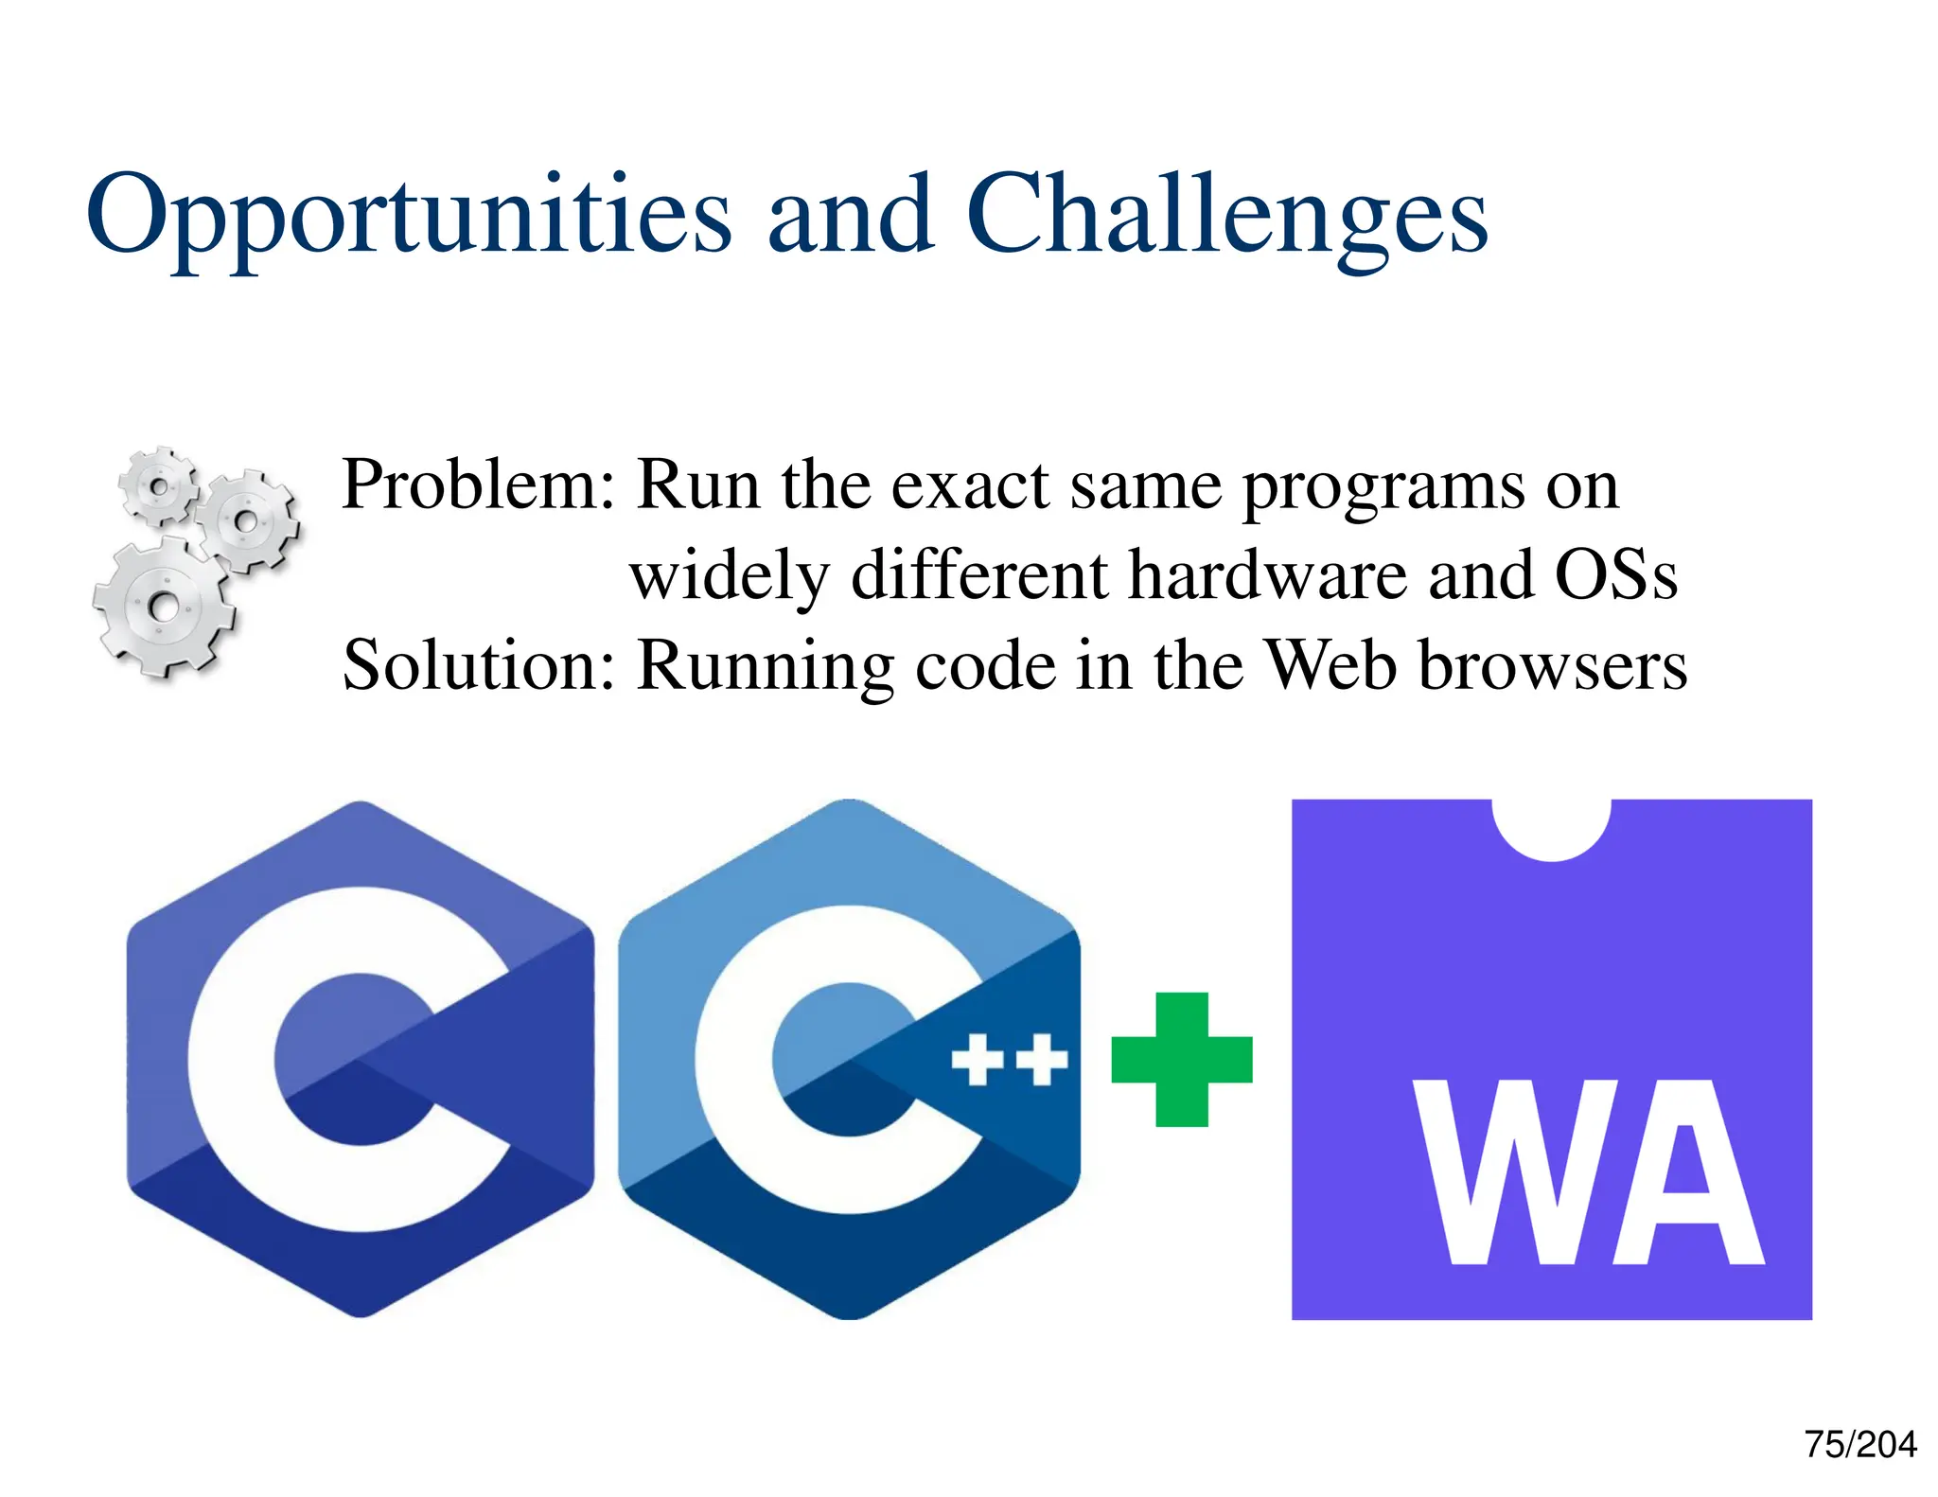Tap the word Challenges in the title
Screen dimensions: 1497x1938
(1226, 216)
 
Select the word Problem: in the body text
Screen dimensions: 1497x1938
(478, 484)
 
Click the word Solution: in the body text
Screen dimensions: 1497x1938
(479, 665)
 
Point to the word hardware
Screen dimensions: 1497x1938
(1268, 575)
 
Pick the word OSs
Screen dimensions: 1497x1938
(1616, 575)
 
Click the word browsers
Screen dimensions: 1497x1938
(1553, 665)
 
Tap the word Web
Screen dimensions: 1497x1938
(1330, 665)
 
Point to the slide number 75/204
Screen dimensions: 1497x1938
(1859, 1444)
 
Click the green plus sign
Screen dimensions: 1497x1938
(1182, 1060)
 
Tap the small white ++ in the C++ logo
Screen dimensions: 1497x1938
(1009, 1060)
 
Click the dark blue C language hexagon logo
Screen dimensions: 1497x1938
(360, 1060)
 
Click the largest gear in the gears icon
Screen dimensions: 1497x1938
(163, 607)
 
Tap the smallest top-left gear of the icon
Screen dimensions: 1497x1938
(159, 486)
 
